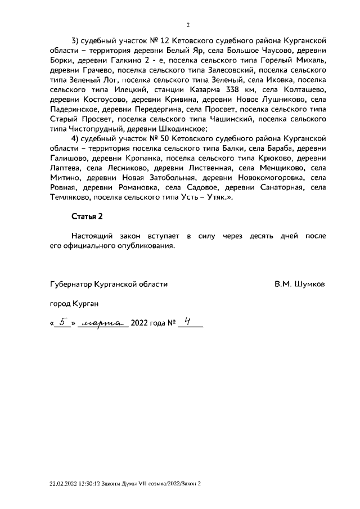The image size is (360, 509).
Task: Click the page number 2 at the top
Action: point(188,25)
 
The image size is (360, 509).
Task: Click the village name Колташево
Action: point(304,89)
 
